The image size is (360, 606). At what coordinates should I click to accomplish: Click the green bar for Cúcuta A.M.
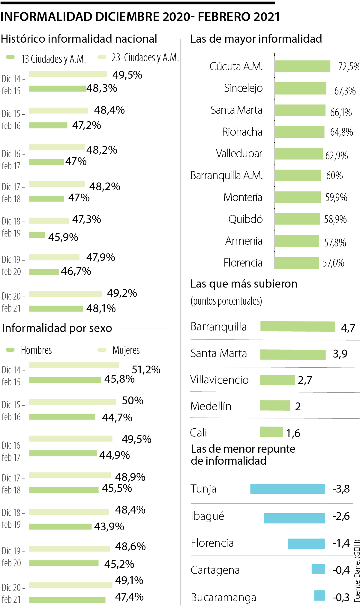[x=302, y=66]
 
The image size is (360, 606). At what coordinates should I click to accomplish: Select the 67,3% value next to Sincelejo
[x=345, y=91]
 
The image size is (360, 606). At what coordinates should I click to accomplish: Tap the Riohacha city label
[x=242, y=132]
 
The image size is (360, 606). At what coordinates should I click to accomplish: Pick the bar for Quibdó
[x=297, y=219]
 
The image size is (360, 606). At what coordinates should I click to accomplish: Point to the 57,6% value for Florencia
[x=333, y=263]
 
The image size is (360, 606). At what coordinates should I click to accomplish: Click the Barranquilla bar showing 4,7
[x=298, y=327]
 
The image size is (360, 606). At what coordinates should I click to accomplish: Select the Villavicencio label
[x=219, y=380]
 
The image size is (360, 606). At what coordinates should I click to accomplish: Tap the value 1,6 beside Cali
[x=293, y=433]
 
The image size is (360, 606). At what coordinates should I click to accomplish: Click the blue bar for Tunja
[x=287, y=489]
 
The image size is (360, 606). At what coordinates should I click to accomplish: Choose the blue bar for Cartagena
[x=318, y=569]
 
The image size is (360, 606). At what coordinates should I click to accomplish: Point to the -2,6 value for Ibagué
[x=341, y=516]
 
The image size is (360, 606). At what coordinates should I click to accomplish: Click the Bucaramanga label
[x=223, y=597]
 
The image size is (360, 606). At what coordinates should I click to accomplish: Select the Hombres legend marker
[x=10, y=350]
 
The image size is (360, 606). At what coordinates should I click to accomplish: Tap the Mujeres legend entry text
[x=126, y=350]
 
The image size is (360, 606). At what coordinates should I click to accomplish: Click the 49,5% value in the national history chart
[x=127, y=75]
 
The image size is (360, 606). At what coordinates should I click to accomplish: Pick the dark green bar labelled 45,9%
[x=37, y=235]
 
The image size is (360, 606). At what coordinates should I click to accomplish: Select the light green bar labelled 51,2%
[x=74, y=365]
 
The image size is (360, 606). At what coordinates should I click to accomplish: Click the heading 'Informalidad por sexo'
[x=57, y=328]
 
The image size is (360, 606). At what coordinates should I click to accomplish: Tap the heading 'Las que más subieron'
[x=244, y=284]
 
